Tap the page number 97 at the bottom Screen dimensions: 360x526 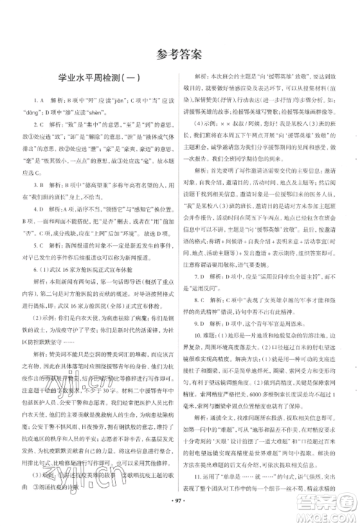[179, 496]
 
